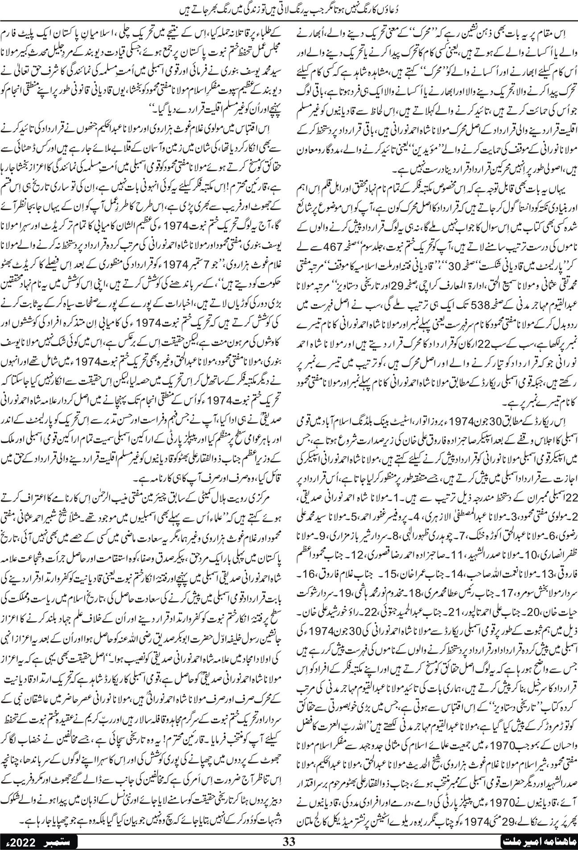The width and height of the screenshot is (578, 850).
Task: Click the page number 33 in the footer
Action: coord(290,842)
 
